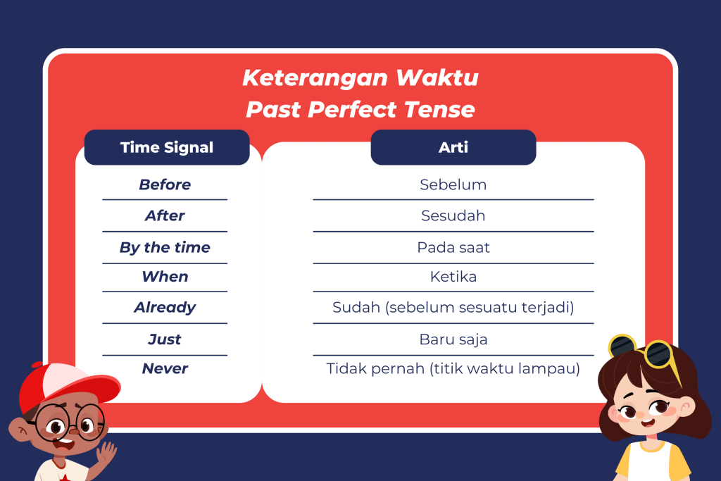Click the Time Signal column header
tap(167, 147)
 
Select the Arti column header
tap(453, 147)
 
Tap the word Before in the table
tap(165, 185)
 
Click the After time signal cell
tap(165, 215)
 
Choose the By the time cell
tap(165, 248)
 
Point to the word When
tap(165, 277)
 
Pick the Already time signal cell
tap(165, 308)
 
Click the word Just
tap(165, 339)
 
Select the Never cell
tap(165, 368)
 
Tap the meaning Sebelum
tap(453, 185)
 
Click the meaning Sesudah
tap(453, 215)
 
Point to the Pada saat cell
tap(453, 248)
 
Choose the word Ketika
tap(453, 277)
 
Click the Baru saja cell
tap(453, 339)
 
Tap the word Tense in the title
tap(439, 109)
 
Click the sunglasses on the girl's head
tap(644, 353)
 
